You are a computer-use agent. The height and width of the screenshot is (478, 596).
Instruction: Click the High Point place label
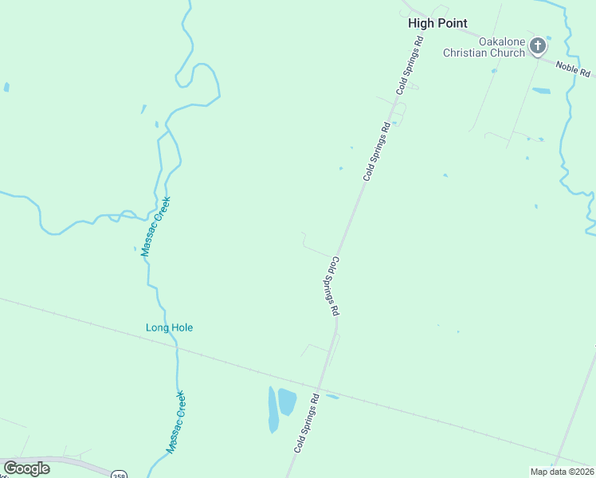pos(437,23)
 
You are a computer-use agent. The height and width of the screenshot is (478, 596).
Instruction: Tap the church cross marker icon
pos(538,46)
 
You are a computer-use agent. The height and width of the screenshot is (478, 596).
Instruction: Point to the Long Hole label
pos(169,327)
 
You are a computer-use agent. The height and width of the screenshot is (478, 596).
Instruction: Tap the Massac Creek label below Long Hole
pos(176,422)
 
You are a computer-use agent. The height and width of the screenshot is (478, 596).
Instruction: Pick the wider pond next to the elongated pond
pos(287,402)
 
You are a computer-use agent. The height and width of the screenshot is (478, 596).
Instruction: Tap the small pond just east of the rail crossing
pos(332,397)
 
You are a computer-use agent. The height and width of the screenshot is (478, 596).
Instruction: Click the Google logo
pos(26,468)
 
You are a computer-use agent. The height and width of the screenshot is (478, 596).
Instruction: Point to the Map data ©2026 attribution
pos(562,471)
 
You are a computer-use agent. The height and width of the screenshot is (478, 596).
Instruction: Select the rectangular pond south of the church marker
pos(541,91)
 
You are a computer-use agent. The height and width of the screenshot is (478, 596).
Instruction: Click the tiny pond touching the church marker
pos(549,37)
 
